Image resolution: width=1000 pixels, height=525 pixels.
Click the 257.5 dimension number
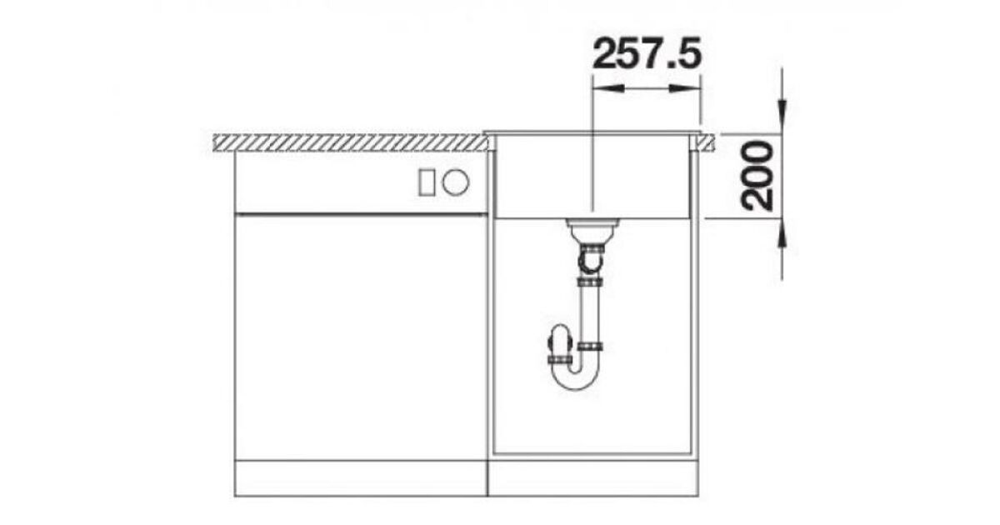coord(647,53)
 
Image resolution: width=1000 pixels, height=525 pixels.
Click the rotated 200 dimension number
coord(757,176)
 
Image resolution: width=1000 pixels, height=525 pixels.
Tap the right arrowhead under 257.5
coord(684,88)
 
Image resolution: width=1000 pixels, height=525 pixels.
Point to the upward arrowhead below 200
coord(782,233)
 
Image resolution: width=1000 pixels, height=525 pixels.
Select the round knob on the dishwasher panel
coord(455,182)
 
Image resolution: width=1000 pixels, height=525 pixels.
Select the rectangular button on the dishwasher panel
coord(426,182)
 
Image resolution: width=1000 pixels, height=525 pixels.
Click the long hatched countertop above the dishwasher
coord(351,142)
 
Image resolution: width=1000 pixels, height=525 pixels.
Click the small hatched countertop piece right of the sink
coord(706,142)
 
